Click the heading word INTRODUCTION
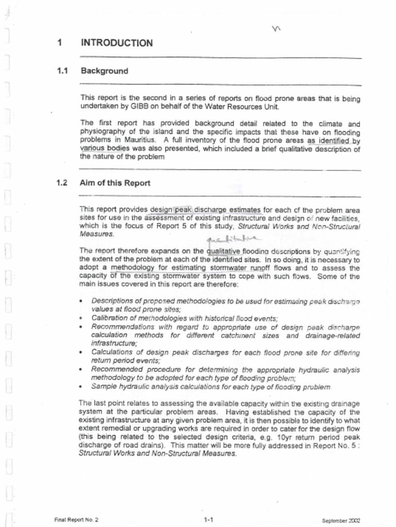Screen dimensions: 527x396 coord(117,43)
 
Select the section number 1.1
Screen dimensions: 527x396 coord(63,71)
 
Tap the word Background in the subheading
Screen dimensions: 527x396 coord(104,71)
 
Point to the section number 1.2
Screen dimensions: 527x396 coord(63,183)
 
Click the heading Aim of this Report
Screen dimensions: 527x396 coord(115,183)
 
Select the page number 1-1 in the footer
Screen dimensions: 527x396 coord(209,520)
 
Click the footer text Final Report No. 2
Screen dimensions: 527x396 coord(76,520)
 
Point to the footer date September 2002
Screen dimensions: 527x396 coord(341,520)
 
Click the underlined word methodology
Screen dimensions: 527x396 coord(133,268)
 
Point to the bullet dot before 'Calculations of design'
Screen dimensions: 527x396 coord(81,353)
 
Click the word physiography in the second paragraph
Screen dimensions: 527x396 coord(104,132)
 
